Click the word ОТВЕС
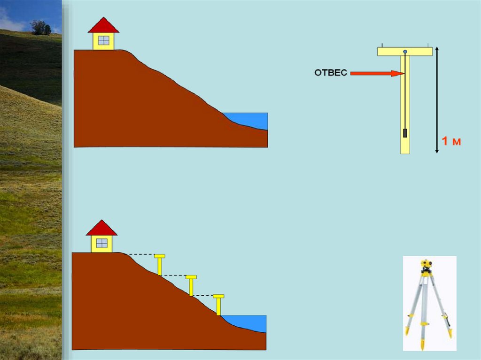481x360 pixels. coord(331,73)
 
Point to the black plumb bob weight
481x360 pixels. coord(405,133)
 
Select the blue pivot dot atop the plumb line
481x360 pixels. coord(405,51)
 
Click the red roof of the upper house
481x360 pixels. coord(103,26)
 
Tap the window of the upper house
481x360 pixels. coord(103,40)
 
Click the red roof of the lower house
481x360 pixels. coord(101,228)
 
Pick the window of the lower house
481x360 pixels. coord(101,243)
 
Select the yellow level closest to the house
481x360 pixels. coord(160,264)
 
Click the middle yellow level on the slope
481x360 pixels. coord(191,285)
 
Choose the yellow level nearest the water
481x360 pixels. coord(218,304)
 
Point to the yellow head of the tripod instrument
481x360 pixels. coord(426,265)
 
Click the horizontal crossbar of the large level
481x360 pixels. coord(405,51)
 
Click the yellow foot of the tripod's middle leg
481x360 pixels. coord(423,345)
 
